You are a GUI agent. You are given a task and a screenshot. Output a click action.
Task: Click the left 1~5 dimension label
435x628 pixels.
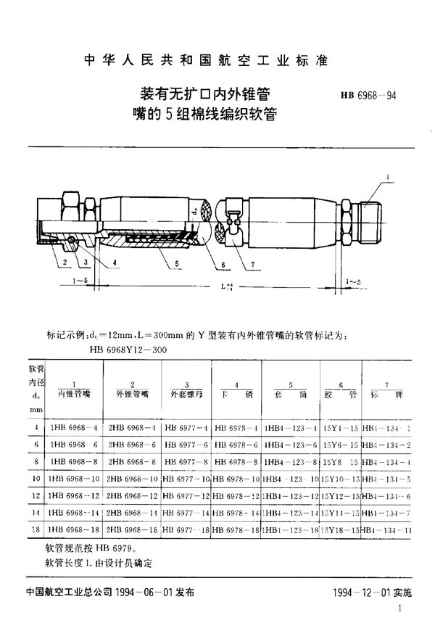click(x=81, y=279)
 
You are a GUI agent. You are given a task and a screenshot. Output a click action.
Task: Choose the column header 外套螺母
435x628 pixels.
click(x=184, y=392)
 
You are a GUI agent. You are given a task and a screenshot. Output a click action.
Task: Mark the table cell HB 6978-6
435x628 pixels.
click(x=236, y=445)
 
